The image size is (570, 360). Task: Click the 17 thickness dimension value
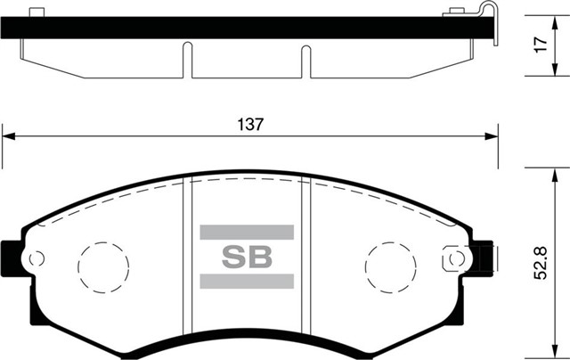point(541,45)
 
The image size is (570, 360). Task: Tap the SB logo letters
point(246,256)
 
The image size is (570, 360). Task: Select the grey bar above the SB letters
point(246,232)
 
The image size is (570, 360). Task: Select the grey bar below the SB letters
point(246,282)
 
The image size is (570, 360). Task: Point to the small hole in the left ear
point(37,259)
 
